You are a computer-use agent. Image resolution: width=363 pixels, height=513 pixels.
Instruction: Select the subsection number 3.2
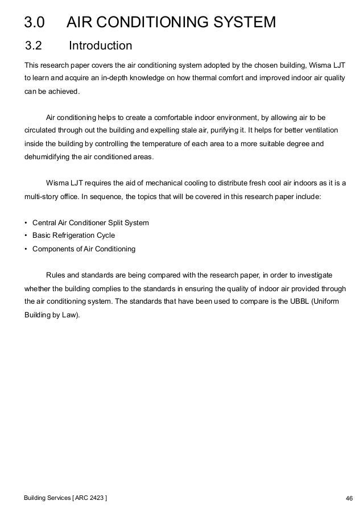click(34, 45)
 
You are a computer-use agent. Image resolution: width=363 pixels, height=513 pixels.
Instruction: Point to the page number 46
click(349, 499)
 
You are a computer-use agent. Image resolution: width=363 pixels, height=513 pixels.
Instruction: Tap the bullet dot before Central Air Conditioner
click(26, 223)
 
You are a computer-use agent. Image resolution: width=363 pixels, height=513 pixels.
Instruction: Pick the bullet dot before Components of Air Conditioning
click(26, 249)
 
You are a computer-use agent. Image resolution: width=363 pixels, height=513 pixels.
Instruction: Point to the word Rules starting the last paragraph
click(56, 274)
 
